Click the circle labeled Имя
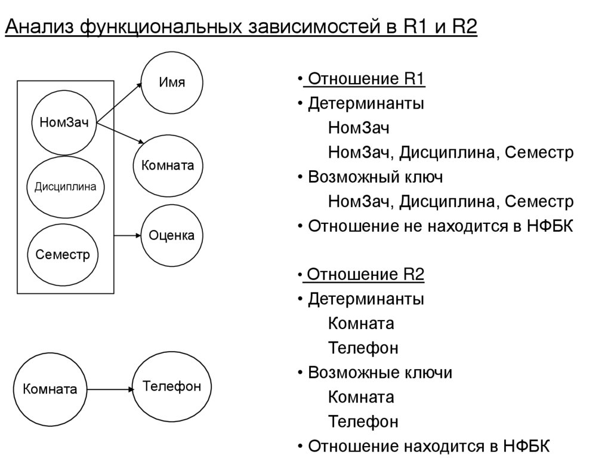[x=172, y=82]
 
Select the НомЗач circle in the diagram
[x=64, y=123]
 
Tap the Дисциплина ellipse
[x=65, y=186]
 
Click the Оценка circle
[x=172, y=236]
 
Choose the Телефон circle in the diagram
[x=172, y=386]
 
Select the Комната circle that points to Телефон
[x=50, y=389]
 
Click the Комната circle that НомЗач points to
[x=168, y=165]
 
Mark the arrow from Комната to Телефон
[x=111, y=389]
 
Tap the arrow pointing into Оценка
[x=127, y=236]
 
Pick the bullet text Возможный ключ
[x=375, y=177]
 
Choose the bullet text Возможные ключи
[x=380, y=373]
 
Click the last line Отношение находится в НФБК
[x=428, y=446]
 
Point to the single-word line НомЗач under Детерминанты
[x=359, y=128]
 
